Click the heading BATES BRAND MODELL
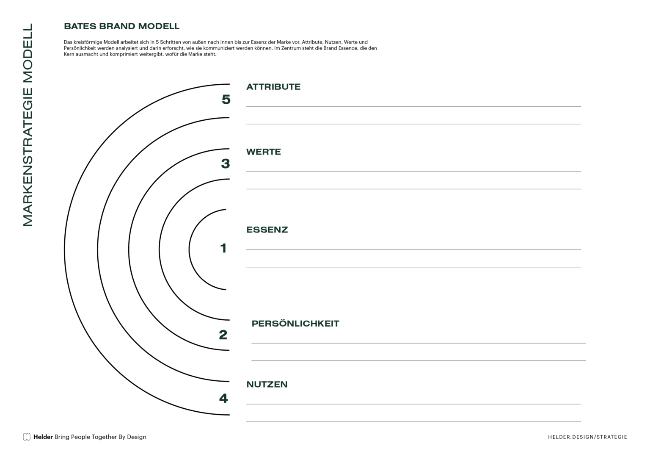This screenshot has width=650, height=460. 121,26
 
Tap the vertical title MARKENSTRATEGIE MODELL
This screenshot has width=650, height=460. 28,125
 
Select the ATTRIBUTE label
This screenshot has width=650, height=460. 273,87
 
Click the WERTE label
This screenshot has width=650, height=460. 264,152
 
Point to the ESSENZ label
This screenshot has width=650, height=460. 267,230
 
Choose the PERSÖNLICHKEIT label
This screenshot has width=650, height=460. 295,324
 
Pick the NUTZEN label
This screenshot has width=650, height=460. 267,385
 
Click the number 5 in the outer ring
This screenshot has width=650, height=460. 226,99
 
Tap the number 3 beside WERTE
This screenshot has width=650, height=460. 226,163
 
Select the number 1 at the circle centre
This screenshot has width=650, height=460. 223,248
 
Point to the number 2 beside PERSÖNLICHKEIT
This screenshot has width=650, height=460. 223,335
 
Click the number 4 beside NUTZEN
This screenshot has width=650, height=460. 223,398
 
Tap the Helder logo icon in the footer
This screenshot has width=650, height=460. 27,437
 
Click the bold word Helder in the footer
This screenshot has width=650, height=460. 43,437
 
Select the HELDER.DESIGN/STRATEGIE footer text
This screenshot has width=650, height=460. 588,437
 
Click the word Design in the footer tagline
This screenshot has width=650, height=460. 136,437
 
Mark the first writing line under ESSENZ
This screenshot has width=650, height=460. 413,249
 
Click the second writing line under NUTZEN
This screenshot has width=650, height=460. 413,422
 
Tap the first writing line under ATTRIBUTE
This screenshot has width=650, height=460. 413,107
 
